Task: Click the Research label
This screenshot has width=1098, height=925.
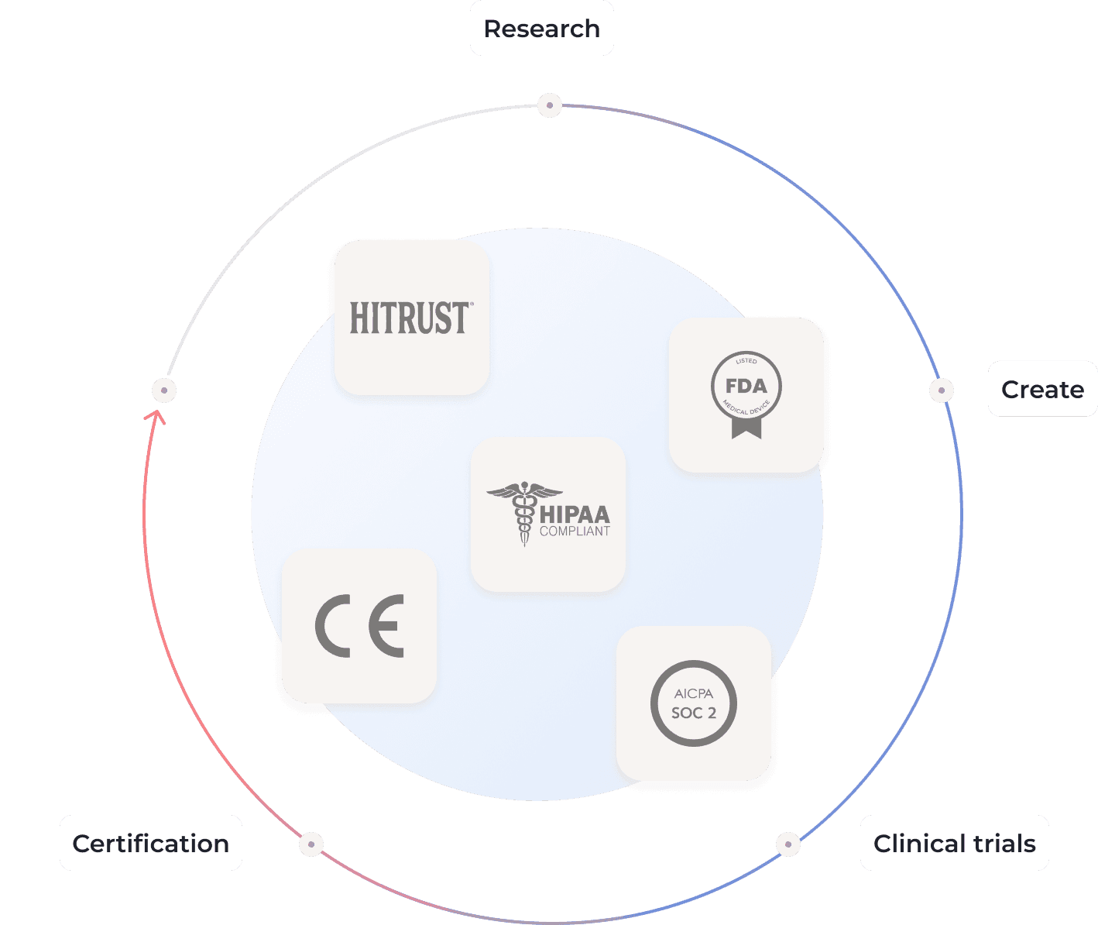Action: pyautogui.click(x=541, y=29)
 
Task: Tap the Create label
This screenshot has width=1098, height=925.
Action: pyautogui.click(x=1042, y=389)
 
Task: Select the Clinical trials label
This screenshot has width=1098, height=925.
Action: pyautogui.click(x=954, y=843)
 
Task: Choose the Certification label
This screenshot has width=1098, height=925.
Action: pyautogui.click(x=150, y=843)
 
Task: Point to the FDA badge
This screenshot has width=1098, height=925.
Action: pyautogui.click(x=746, y=387)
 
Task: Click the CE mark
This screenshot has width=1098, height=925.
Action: pyautogui.click(x=359, y=626)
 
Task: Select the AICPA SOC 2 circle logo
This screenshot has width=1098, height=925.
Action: pyautogui.click(x=693, y=703)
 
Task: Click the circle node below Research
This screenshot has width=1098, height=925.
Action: pyautogui.click(x=550, y=105)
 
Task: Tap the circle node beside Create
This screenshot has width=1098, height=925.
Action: pyautogui.click(x=941, y=390)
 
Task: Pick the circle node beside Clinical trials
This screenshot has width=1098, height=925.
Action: pyautogui.click(x=787, y=844)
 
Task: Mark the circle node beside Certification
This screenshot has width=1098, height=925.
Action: pyautogui.click(x=311, y=844)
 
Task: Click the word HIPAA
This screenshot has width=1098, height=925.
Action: pyautogui.click(x=575, y=514)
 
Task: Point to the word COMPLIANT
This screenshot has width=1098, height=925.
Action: pyautogui.click(x=575, y=531)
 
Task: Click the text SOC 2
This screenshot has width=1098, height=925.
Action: pyautogui.click(x=694, y=713)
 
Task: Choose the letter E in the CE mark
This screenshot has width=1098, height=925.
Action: pyautogui.click(x=386, y=626)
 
